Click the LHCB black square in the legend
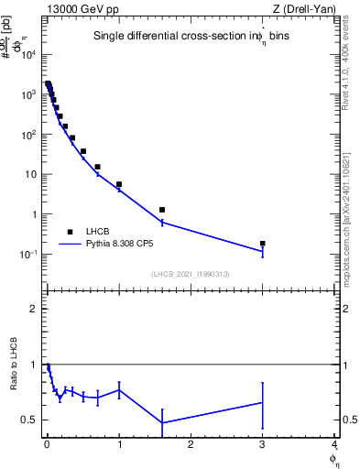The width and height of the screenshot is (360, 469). (70, 232)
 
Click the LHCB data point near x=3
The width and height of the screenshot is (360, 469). (263, 244)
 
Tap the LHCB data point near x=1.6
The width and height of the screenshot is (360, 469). (162, 210)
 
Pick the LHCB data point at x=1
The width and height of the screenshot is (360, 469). (119, 184)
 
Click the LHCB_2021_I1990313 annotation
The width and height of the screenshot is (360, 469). (191, 274)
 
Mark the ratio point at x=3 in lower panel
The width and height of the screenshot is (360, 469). (263, 402)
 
